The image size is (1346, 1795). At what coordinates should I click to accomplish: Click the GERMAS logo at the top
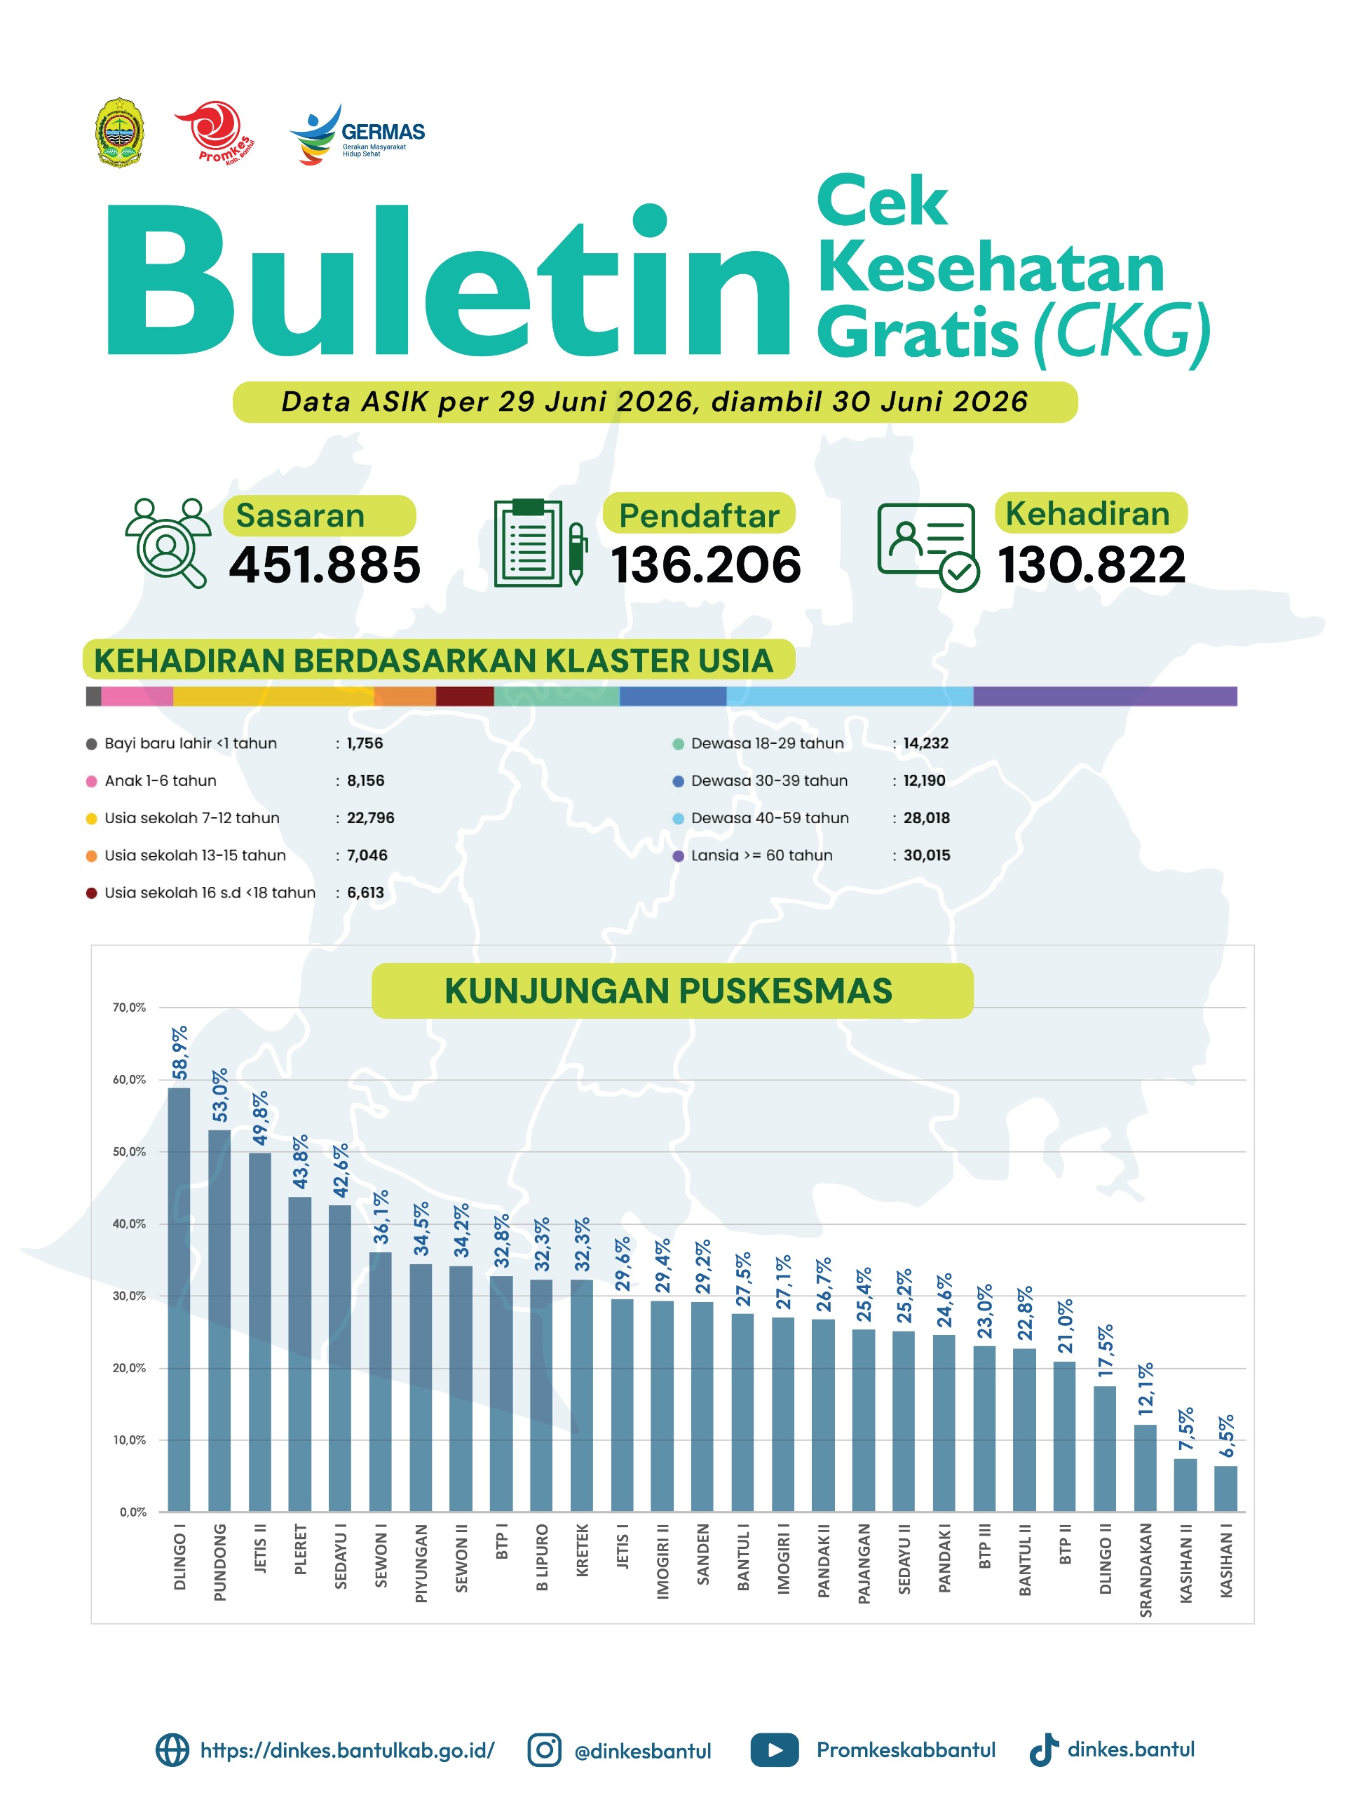tap(357, 134)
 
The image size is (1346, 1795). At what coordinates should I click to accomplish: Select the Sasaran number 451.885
tap(325, 564)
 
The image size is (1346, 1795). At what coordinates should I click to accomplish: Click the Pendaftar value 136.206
tap(706, 564)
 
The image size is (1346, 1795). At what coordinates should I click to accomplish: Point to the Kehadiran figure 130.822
tap(1092, 564)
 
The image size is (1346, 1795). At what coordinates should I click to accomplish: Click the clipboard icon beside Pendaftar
tap(540, 542)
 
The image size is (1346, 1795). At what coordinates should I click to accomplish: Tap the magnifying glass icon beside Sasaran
tap(168, 542)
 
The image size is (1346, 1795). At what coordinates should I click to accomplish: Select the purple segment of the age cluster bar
tap(1105, 696)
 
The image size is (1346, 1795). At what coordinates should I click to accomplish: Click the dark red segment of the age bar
tap(465, 696)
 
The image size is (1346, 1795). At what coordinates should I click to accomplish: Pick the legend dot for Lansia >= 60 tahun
tap(679, 856)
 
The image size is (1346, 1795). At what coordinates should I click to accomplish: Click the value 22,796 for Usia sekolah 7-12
tap(371, 818)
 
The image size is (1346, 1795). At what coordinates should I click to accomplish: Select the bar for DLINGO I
tap(179, 1299)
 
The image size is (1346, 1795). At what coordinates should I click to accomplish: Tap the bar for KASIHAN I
tap(1225, 1489)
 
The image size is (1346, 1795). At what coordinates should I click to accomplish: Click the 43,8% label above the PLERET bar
tap(300, 1162)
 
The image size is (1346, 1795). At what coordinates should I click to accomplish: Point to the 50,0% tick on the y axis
tap(129, 1151)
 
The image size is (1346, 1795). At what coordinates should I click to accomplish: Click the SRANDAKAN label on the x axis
tap(1145, 1569)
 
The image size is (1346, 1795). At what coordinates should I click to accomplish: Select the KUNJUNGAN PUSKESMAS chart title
tap(669, 991)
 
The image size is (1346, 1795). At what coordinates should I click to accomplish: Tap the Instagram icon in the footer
tap(545, 1749)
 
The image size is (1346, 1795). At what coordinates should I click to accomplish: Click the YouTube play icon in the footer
tap(775, 1750)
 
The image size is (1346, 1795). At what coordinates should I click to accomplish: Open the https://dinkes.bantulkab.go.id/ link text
tap(347, 1750)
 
